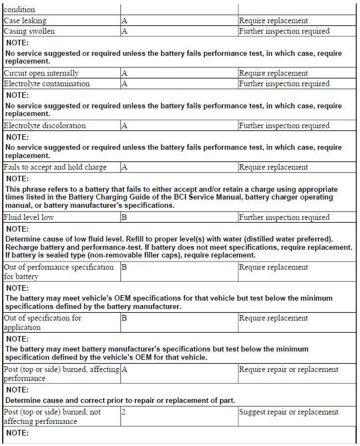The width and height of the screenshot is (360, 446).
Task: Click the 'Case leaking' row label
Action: coord(25,20)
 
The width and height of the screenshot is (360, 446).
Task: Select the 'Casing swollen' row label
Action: coord(29,31)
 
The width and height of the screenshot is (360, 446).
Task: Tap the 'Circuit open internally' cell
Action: coord(41,73)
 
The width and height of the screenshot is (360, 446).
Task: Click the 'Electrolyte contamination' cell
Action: coord(46,83)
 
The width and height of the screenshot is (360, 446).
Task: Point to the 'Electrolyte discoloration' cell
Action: coord(44,125)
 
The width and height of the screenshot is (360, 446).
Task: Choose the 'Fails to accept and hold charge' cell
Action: coord(55,167)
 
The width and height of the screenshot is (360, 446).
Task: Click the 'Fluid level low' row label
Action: coord(29,217)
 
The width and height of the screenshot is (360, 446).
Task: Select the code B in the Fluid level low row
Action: coord(124,217)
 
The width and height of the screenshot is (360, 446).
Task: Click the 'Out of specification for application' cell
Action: coord(42,322)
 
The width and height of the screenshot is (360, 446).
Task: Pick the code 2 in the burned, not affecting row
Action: coord(123,412)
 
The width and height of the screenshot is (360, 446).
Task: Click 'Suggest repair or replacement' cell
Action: coord(288,412)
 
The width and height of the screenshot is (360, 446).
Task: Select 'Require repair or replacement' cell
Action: coord(289,369)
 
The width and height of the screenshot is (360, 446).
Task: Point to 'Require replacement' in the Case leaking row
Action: coord(273,20)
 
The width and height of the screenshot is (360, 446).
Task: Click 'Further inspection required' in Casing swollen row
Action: coord(284,31)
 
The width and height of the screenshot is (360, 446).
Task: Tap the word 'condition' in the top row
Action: coord(19,9)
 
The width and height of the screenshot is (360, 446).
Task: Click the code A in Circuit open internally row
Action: coord(124,73)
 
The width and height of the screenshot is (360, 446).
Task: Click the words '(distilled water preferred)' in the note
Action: coord(283,239)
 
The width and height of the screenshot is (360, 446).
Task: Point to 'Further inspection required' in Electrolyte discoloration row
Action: coord(284,125)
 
